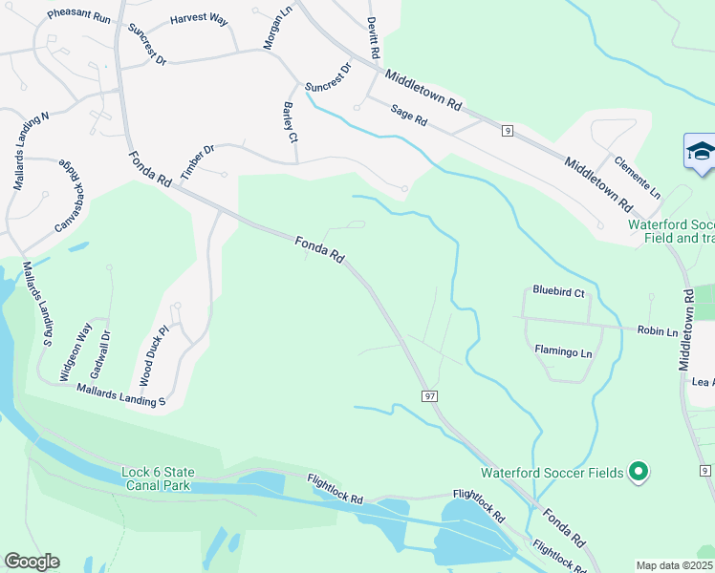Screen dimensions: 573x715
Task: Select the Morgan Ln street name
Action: click(276, 30)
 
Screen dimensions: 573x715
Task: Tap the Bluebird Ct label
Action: click(558, 291)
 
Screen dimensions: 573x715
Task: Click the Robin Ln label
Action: click(659, 331)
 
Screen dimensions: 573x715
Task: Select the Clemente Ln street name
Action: click(638, 177)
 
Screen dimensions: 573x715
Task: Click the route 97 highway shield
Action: click(429, 395)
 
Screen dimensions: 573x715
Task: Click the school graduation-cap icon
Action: click(700, 153)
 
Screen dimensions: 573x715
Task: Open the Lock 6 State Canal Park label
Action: click(159, 478)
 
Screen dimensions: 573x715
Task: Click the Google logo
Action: click(32, 562)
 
